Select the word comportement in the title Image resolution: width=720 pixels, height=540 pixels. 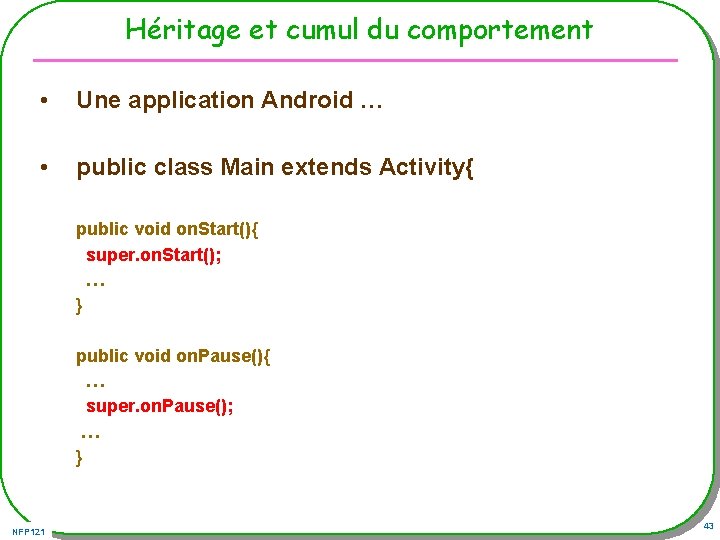tap(500, 31)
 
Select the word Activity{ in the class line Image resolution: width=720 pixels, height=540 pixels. tap(426, 167)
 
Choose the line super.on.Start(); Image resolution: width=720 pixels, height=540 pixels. tap(154, 255)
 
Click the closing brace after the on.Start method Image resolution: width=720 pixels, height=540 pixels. tap(80, 306)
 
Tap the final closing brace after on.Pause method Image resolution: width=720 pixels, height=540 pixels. tap(80, 458)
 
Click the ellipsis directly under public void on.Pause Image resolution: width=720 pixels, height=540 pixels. tap(96, 381)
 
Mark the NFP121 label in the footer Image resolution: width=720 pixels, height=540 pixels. tap(29, 531)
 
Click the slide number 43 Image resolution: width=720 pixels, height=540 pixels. tap(708, 527)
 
